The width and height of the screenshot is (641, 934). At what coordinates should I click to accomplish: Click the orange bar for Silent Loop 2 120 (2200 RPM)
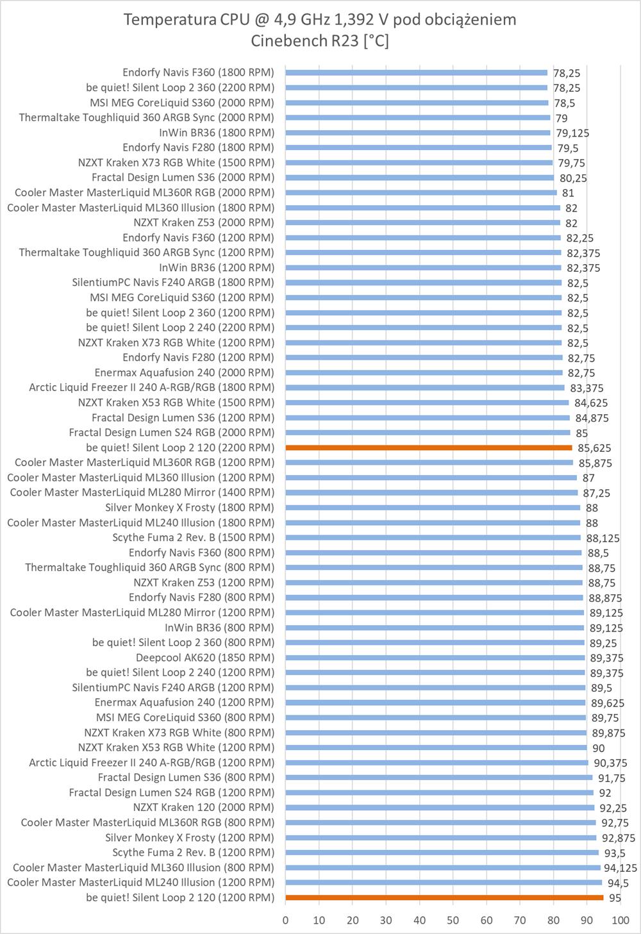click(x=428, y=447)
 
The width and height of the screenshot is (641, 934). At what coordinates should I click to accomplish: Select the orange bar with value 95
click(x=444, y=897)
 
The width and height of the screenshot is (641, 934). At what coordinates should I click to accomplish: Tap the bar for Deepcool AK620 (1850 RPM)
click(x=435, y=658)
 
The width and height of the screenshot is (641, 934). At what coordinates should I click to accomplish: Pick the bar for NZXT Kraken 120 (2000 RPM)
click(x=440, y=808)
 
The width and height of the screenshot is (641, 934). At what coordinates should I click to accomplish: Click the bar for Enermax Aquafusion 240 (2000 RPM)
click(x=424, y=372)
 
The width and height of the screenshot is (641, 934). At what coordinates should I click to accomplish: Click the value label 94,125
click(x=620, y=868)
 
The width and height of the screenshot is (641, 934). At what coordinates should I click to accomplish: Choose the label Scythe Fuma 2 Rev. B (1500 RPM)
click(x=193, y=537)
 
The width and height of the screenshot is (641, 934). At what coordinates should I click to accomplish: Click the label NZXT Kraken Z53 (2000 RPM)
click(x=204, y=222)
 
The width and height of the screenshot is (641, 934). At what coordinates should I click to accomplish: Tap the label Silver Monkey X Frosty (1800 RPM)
click(x=190, y=508)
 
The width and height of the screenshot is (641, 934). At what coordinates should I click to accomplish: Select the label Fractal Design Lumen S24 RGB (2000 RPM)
click(x=171, y=433)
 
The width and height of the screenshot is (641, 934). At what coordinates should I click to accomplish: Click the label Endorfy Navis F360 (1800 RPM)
click(x=198, y=72)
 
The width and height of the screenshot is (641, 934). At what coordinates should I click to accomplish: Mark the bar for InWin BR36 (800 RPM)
click(x=435, y=628)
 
